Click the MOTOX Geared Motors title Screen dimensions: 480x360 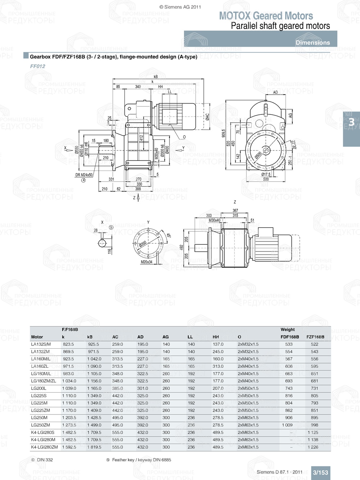(266, 16)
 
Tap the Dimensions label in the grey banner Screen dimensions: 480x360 (312, 42)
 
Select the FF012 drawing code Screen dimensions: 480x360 (37, 66)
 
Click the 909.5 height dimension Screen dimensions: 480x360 (224, 133)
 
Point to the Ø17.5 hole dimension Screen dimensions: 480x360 (266, 175)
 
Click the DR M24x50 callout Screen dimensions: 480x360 (84, 175)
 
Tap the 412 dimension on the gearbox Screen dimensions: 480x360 (142, 138)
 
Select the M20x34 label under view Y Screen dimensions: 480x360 (146, 262)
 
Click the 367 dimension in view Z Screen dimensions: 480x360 (235, 210)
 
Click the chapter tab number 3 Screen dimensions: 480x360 (351, 122)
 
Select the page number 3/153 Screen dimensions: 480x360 (320, 472)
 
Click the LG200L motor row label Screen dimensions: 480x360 (39, 388)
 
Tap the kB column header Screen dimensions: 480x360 (90, 337)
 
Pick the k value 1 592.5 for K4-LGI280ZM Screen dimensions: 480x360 (69, 447)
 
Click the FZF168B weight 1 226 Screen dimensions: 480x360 (312, 447)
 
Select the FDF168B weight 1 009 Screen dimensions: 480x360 (287, 425)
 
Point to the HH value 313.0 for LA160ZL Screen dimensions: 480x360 (218, 366)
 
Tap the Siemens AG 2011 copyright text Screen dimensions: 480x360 (180, 7)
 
